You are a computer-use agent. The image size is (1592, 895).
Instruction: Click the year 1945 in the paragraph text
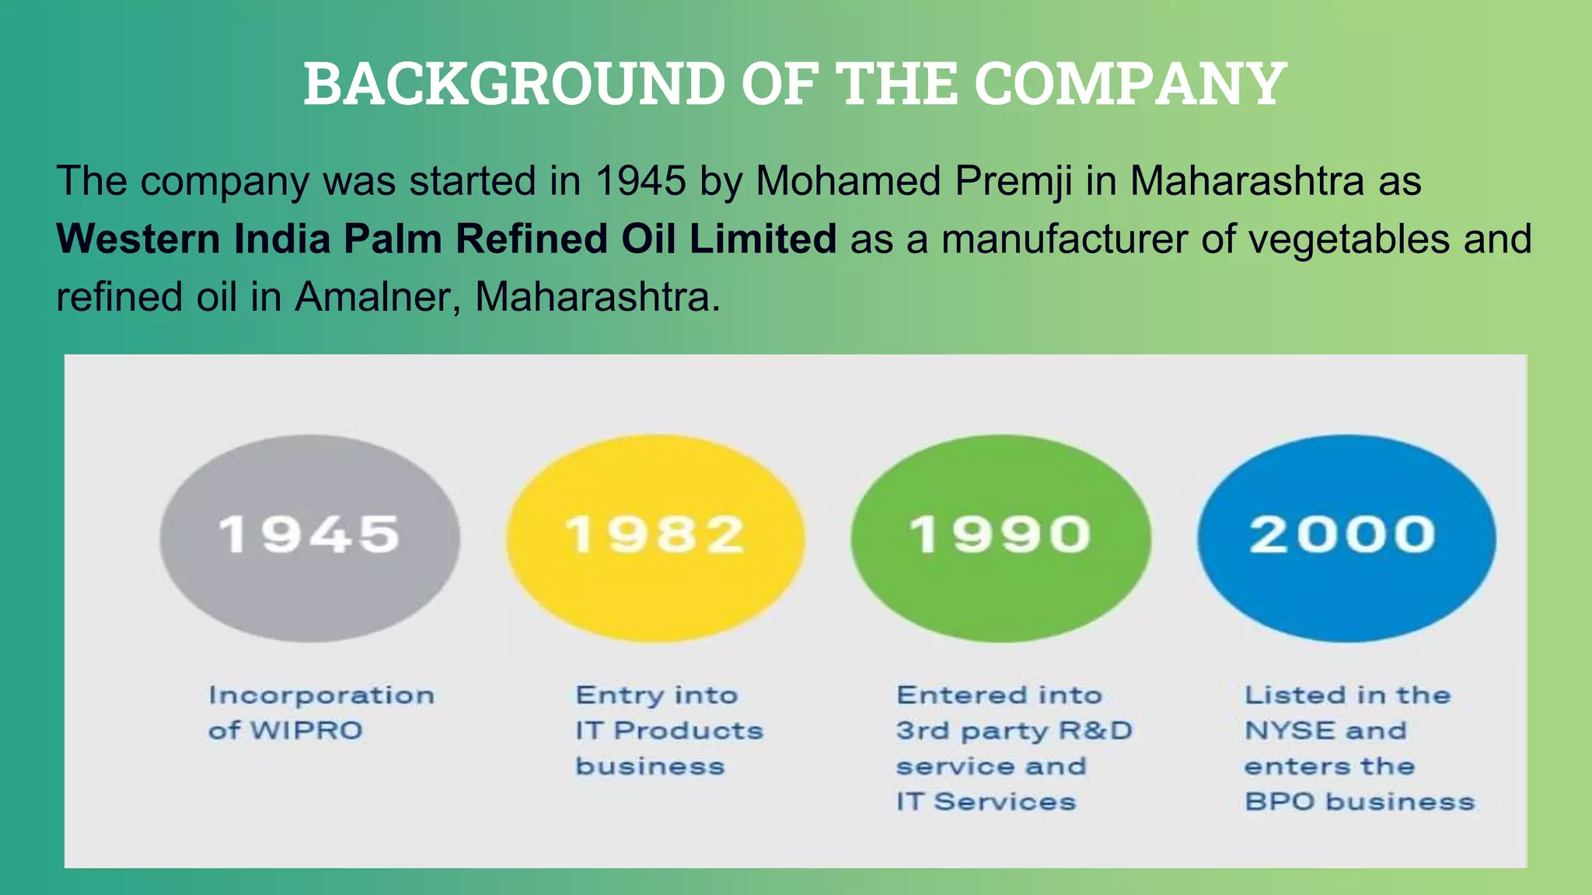[641, 181]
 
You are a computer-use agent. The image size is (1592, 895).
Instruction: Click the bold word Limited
[763, 239]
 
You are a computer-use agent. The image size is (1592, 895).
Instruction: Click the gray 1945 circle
[309, 538]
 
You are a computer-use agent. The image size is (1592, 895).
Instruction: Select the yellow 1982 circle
[655, 538]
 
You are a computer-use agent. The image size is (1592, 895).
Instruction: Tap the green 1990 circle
[1000, 538]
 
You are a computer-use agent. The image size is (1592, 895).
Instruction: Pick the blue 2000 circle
[1346, 538]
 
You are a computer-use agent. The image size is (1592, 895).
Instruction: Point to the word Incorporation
[321, 695]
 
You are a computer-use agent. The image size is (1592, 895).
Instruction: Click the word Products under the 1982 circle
[688, 730]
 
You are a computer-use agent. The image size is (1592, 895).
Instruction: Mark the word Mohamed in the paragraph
[848, 181]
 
